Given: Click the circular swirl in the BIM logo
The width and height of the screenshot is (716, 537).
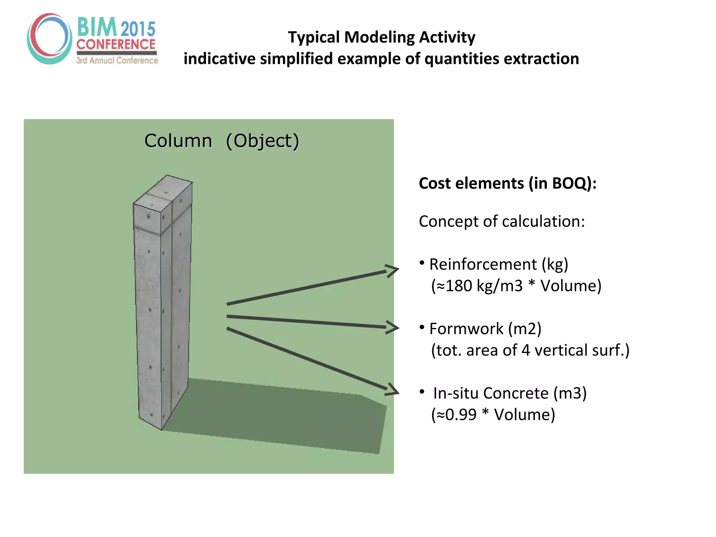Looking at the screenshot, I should (49, 38).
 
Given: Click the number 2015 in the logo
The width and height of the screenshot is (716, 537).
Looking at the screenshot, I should (138, 29).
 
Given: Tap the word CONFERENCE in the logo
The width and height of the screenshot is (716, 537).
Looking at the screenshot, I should (116, 44).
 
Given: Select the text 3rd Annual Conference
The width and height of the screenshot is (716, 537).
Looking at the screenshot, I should (117, 60).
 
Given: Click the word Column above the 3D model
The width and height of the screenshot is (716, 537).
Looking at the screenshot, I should (178, 141).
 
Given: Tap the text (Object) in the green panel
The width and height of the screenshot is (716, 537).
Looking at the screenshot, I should (262, 141).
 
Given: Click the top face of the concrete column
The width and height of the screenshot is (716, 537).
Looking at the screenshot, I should (163, 193).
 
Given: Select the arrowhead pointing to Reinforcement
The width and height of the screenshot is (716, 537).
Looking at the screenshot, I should (392, 271).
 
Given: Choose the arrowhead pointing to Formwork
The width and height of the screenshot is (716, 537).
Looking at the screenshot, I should (393, 327).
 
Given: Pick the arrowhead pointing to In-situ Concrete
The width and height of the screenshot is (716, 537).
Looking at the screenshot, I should (393, 390).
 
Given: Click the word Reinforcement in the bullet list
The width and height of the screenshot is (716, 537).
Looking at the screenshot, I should (483, 264).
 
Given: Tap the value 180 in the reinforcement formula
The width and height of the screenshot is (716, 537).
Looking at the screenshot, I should (459, 286).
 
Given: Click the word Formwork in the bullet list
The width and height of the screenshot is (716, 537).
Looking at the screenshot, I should (466, 329).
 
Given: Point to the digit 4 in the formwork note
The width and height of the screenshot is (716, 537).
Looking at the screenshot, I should (525, 350).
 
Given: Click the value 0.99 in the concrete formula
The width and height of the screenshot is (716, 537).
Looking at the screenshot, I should (461, 415).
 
